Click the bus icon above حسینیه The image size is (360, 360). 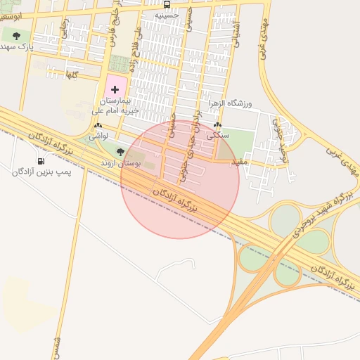coord(167,4)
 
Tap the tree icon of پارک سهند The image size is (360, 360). coord(16,36)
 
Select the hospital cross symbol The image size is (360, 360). coord(115,91)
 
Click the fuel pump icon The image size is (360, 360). coord(39,161)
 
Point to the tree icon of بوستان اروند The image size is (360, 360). coord(120,152)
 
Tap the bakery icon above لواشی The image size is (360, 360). coord(97,126)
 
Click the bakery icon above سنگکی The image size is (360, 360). coord(217,126)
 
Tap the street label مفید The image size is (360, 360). coord(240,162)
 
